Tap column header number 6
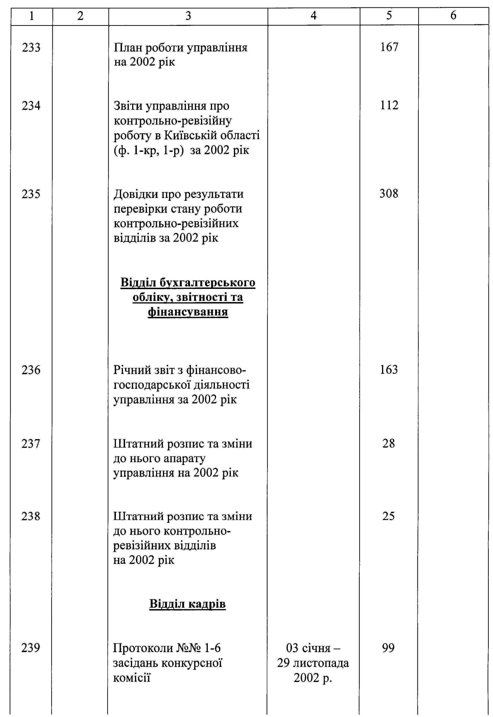pos(453,16)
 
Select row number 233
pos(31,48)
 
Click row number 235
pos(31,194)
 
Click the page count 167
pos(389,47)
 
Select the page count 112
pos(389,105)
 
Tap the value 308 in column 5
pos(389,194)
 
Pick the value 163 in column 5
pos(389,370)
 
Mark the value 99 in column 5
pos(388,647)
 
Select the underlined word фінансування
pos(188,312)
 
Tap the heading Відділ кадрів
pos(188,604)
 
